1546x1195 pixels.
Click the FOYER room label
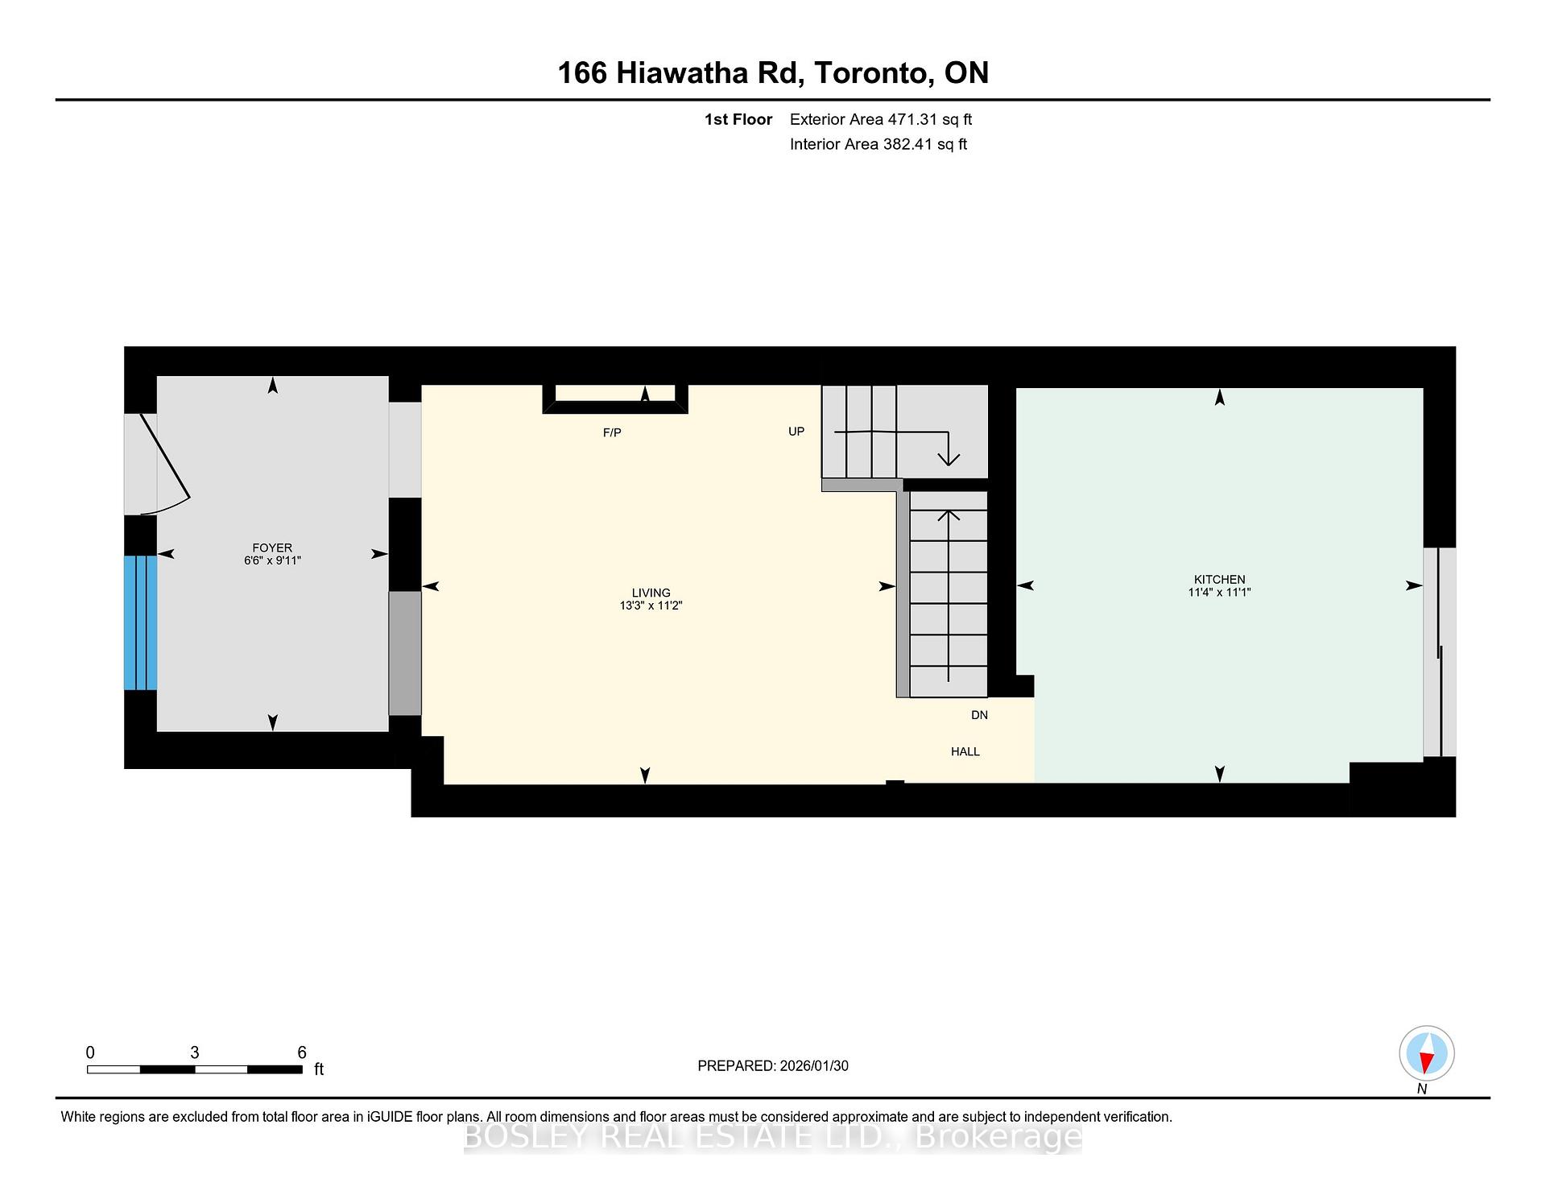point(272,548)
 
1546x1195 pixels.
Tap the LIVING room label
point(651,593)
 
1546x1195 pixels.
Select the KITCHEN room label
point(1219,579)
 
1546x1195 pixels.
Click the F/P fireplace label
point(612,433)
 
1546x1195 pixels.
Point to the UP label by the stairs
point(796,432)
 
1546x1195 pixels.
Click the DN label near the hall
point(979,715)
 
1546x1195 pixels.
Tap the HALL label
point(965,751)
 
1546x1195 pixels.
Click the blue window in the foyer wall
point(140,622)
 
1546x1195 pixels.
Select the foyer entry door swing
point(165,463)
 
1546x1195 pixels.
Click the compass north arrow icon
point(1426,1054)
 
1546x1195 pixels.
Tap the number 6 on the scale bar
point(302,1052)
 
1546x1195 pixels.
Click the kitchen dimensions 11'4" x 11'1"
point(1219,593)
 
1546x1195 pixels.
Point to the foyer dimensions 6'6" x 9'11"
point(272,560)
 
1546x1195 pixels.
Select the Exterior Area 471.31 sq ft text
point(880,120)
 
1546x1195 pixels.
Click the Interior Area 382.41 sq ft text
point(878,145)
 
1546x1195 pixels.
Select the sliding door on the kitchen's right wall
point(1439,652)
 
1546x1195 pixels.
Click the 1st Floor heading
point(738,120)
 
